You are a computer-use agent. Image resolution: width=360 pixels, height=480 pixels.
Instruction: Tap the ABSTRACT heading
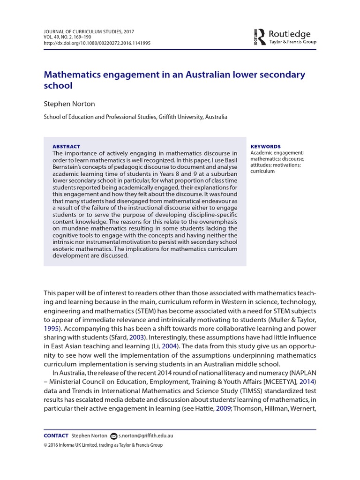(66, 146)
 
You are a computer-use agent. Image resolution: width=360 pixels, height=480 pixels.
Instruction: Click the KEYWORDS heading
(266, 146)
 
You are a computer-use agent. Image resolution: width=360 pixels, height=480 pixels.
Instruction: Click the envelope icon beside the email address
(113, 436)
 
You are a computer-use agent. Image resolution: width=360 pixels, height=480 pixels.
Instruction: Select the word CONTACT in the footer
(56, 435)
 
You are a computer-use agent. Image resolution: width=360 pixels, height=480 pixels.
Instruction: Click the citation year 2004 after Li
(171, 346)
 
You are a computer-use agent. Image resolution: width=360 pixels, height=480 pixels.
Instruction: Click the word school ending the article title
(58, 86)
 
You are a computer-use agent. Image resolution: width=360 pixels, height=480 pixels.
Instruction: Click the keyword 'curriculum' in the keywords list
(262, 171)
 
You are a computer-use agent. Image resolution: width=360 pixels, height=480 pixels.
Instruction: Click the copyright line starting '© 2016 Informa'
(103, 445)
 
